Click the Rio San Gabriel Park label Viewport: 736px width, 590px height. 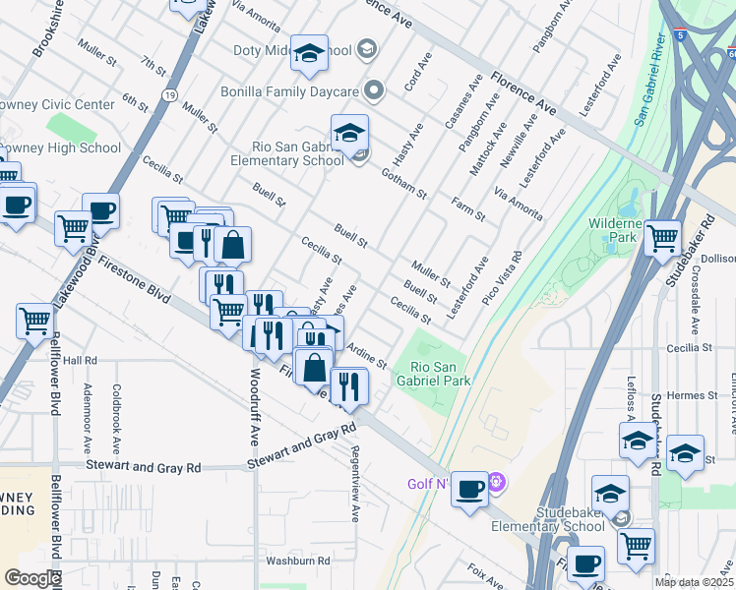(x=433, y=373)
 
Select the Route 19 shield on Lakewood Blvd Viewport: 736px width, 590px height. (x=169, y=94)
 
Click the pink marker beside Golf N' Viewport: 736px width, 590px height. (x=497, y=483)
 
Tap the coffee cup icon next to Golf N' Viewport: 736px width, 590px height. (x=470, y=488)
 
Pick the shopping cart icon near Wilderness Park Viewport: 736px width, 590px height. (x=663, y=236)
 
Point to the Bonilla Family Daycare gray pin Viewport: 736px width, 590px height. (x=373, y=91)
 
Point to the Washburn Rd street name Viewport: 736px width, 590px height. (x=297, y=560)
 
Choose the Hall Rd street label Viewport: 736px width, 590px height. (x=80, y=361)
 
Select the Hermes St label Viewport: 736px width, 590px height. (x=689, y=394)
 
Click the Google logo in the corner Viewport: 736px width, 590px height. (x=32, y=578)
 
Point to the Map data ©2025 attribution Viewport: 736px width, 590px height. (x=694, y=582)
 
